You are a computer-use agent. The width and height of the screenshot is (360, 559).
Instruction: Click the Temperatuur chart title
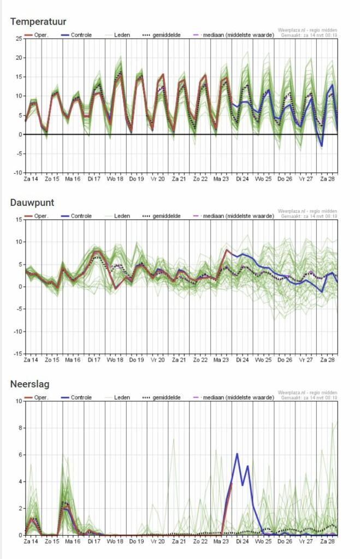pyautogui.click(x=38, y=22)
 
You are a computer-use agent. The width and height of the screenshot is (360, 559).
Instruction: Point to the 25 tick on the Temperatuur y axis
pyautogui.click(x=18, y=38)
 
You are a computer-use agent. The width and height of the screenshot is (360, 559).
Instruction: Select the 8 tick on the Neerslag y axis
pyautogui.click(x=19, y=428)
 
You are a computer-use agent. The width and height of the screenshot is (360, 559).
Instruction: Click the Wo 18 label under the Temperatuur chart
pyautogui.click(x=115, y=179)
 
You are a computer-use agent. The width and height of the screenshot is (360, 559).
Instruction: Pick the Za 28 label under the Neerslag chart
pyautogui.click(x=327, y=542)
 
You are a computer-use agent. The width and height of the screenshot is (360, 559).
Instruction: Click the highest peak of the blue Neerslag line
pyautogui.click(x=237, y=454)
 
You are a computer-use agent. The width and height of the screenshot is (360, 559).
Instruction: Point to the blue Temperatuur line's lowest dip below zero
pyautogui.click(x=322, y=146)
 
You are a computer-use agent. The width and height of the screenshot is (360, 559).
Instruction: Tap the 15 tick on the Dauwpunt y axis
pyautogui.click(x=18, y=219)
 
